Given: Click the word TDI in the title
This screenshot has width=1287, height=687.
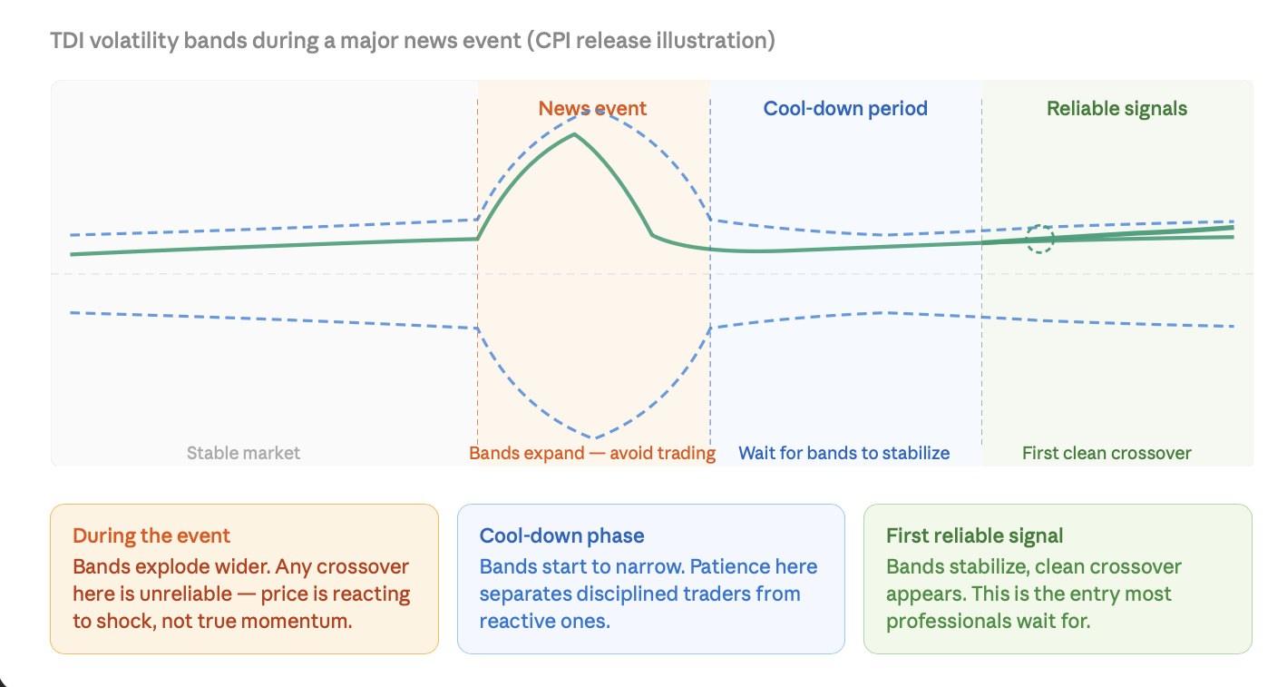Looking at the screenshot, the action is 66,41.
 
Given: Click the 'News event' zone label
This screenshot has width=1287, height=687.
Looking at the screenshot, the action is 592,109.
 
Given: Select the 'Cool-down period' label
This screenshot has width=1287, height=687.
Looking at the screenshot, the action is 845,109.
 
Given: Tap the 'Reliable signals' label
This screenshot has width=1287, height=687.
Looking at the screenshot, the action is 1116,109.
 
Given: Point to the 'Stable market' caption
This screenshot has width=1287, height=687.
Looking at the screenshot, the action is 243,453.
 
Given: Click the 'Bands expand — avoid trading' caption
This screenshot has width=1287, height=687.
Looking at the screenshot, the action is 592,453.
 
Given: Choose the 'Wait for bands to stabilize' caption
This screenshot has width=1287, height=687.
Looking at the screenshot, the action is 844,453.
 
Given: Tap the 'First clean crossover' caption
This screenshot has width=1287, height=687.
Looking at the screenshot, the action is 1107,453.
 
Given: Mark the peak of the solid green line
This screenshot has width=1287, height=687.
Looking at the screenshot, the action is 574,134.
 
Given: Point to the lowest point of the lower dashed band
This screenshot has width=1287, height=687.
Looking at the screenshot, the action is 594,438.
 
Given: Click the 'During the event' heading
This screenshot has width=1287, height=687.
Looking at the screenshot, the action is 151,535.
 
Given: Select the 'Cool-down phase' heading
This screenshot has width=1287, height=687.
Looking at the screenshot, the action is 562,535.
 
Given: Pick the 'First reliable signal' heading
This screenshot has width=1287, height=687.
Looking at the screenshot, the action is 974,535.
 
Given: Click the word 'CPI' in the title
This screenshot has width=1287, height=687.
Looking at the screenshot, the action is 551,41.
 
